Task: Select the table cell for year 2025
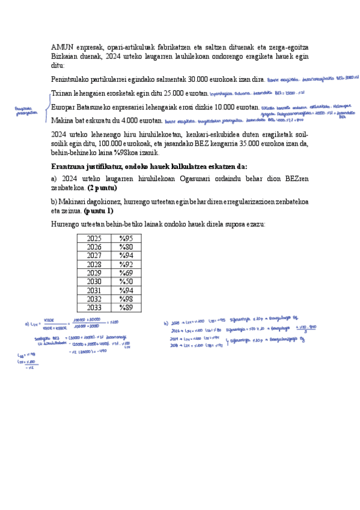tap(94, 239)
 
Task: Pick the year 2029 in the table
tap(94, 273)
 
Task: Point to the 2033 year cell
tap(94, 308)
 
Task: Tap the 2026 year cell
tap(94, 247)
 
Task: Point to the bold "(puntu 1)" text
tap(99, 211)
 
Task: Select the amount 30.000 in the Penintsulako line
tap(200, 79)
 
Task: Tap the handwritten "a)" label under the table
tap(26, 323)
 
